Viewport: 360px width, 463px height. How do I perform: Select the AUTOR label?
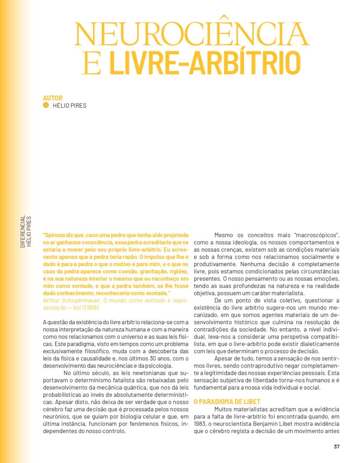[52, 98]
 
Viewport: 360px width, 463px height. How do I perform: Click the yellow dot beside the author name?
[46, 106]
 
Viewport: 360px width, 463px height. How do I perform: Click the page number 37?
[337, 446]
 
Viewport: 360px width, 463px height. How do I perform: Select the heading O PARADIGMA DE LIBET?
[227, 401]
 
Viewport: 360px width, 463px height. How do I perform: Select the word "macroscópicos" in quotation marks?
[320, 235]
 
